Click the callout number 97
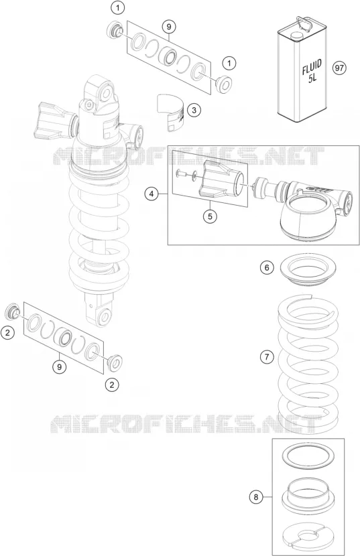coord(339,68)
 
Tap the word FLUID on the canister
coord(312,68)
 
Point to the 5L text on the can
coord(312,78)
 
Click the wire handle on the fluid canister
coord(303,22)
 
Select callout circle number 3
coord(194,110)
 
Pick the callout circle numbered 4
coord(152,194)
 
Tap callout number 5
coord(210,216)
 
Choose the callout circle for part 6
coord(267,267)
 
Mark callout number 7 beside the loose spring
coord(267,357)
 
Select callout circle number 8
coord(256,497)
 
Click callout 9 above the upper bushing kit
coord(169,27)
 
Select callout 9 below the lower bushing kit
coord(59,366)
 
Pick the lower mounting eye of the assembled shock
coord(105,316)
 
